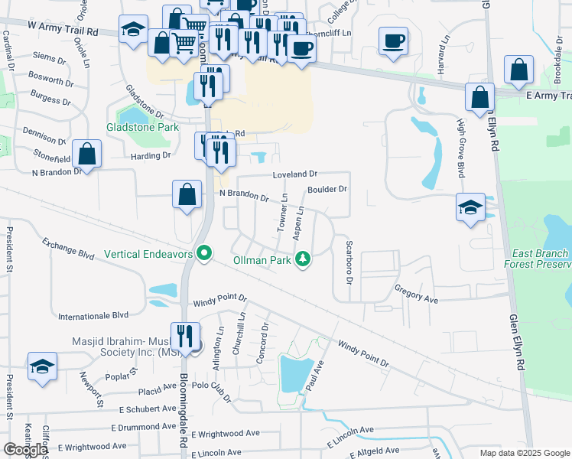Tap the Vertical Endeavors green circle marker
click(203, 252)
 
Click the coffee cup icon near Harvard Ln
click(393, 41)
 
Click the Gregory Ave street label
click(416, 295)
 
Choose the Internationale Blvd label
click(93, 314)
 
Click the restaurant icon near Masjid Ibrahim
click(185, 336)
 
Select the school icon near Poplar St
click(42, 366)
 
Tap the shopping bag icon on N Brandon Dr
click(187, 194)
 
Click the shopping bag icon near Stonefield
click(87, 155)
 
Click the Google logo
click(25, 450)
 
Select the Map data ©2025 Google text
click(525, 453)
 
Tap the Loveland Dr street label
click(295, 175)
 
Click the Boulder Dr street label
click(327, 189)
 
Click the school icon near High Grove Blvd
click(470, 207)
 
